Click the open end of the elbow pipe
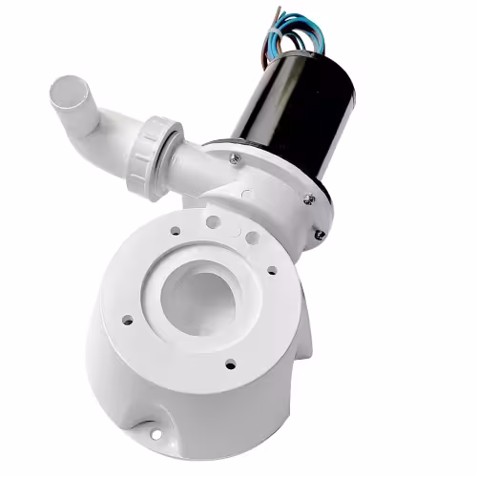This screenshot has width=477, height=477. (68, 93)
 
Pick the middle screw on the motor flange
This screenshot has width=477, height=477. (307, 198)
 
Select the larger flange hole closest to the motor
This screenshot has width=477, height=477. (251, 238)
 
